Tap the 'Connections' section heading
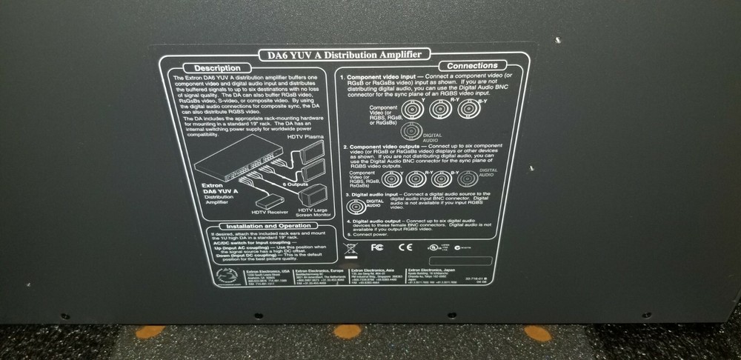pyautogui.click(x=473, y=65)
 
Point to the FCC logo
pyautogui.click(x=376, y=247)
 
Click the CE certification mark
pyautogui.click(x=405, y=247)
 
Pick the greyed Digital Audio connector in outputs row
pyautogui.click(x=467, y=178)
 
